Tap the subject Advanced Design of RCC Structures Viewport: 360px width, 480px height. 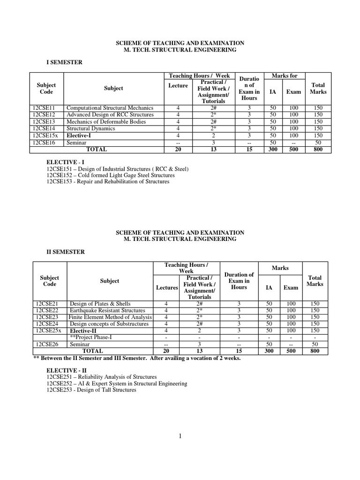[x=110, y=115]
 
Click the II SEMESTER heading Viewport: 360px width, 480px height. [x=66, y=252]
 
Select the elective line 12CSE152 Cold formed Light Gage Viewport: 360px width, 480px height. [x=110, y=175]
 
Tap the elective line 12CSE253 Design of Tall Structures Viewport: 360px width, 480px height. [x=91, y=390]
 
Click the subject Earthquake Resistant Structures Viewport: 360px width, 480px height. [x=107, y=310]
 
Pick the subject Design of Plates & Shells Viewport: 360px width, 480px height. [x=100, y=303]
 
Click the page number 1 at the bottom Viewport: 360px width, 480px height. [x=180, y=436]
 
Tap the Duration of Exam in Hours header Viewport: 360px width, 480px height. [x=239, y=281]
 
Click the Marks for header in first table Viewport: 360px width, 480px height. [x=285, y=76]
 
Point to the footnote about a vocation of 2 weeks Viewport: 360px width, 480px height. [x=136, y=358]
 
